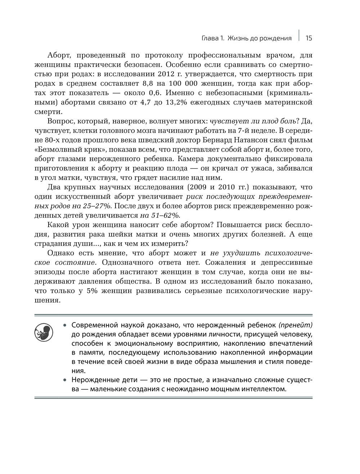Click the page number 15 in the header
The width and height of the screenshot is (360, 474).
click(x=309, y=38)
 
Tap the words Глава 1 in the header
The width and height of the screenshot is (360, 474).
click(x=213, y=38)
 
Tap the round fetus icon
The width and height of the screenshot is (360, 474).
click(x=44, y=332)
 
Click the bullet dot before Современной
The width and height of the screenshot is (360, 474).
click(x=65, y=325)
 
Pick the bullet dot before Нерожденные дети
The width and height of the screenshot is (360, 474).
click(x=65, y=380)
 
